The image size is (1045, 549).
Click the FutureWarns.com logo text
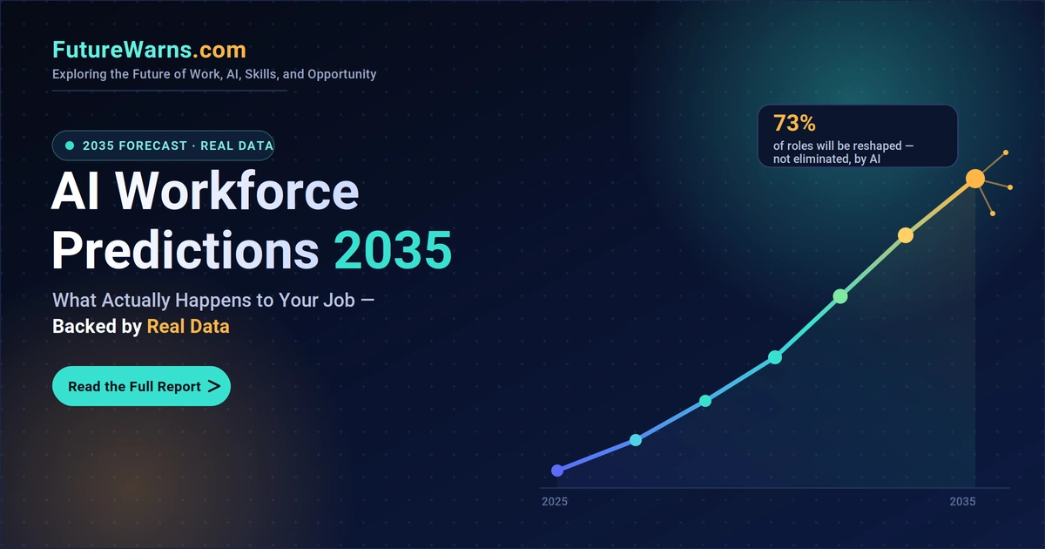[x=149, y=50]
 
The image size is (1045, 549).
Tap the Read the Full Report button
[x=141, y=386]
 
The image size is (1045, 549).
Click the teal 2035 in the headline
[x=393, y=250]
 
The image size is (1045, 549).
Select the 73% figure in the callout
[x=794, y=124]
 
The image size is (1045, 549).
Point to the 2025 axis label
[x=555, y=501]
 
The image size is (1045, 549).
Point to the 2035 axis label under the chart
[x=962, y=501]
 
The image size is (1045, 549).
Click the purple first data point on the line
[x=557, y=471]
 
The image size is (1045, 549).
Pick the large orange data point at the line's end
[x=975, y=179]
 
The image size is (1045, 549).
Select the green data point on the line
[x=840, y=296]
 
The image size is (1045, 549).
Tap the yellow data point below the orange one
[x=906, y=235]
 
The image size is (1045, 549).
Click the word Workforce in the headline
[x=237, y=192]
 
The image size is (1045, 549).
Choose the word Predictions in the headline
[x=185, y=250]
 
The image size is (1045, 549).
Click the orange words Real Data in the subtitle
[x=188, y=326]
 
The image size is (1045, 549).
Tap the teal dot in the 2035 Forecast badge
[x=70, y=146]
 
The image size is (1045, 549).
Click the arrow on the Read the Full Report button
[x=214, y=386]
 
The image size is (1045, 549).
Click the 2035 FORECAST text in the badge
[x=135, y=146]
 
